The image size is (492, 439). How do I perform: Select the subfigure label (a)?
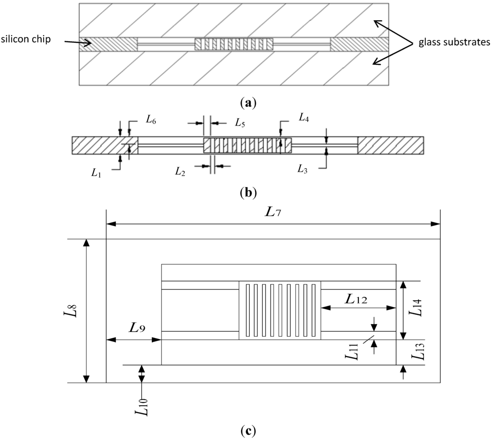click(x=248, y=102)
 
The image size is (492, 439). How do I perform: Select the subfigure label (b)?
click(x=248, y=193)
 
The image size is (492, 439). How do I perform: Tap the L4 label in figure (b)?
click(x=304, y=117)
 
